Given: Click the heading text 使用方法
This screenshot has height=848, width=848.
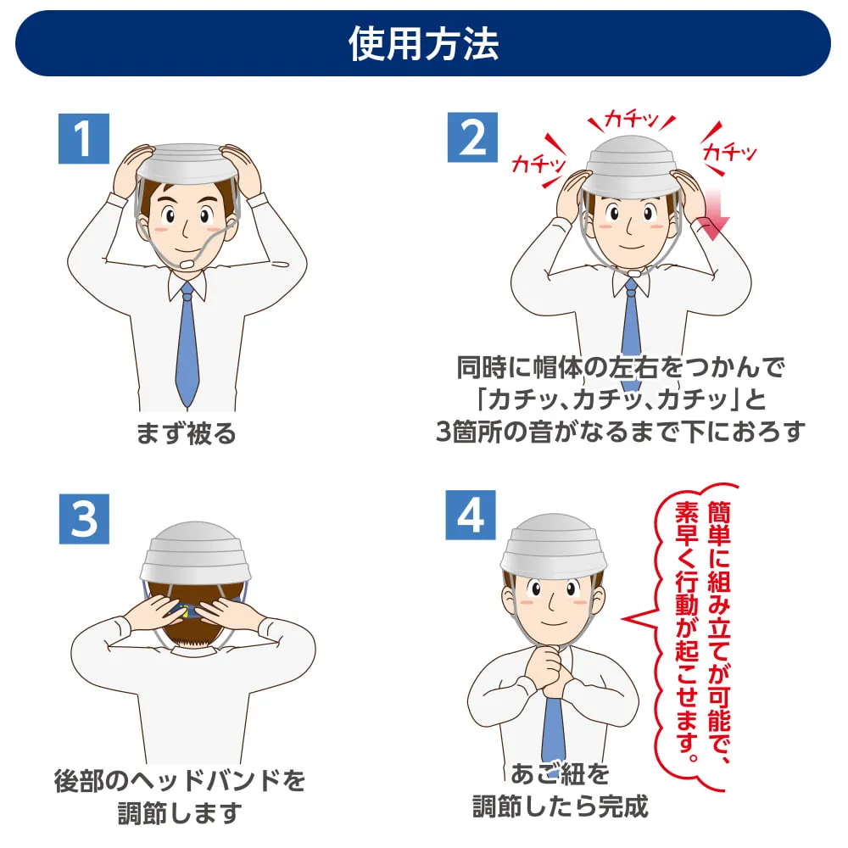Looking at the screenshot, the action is tap(423, 43).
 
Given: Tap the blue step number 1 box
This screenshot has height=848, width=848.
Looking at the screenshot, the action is tap(84, 138).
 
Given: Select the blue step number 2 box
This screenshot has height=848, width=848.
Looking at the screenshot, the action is tap(472, 137).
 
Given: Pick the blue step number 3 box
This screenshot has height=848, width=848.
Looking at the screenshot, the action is tap(84, 519).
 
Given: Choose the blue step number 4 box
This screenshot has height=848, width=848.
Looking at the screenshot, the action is tap(471, 515).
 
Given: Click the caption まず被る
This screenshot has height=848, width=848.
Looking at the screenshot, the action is tap(186, 433).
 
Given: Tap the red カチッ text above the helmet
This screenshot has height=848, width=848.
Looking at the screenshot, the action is tap(631, 119).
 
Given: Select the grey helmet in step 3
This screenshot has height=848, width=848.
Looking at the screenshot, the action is tap(194, 553).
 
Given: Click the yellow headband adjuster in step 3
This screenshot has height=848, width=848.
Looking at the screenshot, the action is tap(184, 611).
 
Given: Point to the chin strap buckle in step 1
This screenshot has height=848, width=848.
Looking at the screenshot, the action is tap(187, 265).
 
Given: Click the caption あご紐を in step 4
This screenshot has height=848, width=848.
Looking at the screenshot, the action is tap(560, 773).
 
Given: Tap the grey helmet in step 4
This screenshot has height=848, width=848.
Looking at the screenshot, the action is tap(553, 544).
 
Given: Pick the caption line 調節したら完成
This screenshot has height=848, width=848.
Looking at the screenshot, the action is tap(560, 807).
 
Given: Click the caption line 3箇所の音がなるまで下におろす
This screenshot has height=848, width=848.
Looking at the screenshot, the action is tap(621, 432).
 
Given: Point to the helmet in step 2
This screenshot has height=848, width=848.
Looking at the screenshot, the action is tap(631, 165).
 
